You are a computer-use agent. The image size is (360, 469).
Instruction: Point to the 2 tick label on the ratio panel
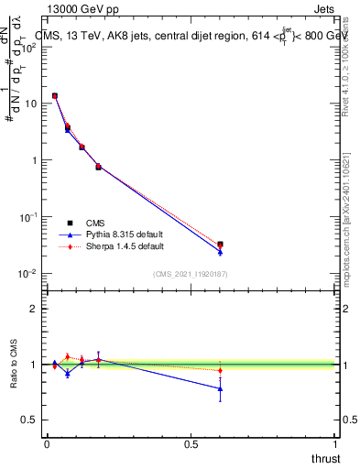point(33,309)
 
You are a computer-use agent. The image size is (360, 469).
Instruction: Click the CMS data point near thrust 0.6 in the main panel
point(220,245)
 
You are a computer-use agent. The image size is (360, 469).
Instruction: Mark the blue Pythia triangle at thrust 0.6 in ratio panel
point(220,388)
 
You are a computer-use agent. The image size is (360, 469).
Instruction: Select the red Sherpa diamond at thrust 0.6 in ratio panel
point(220,370)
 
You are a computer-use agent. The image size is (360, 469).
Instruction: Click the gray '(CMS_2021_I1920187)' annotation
point(190,272)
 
